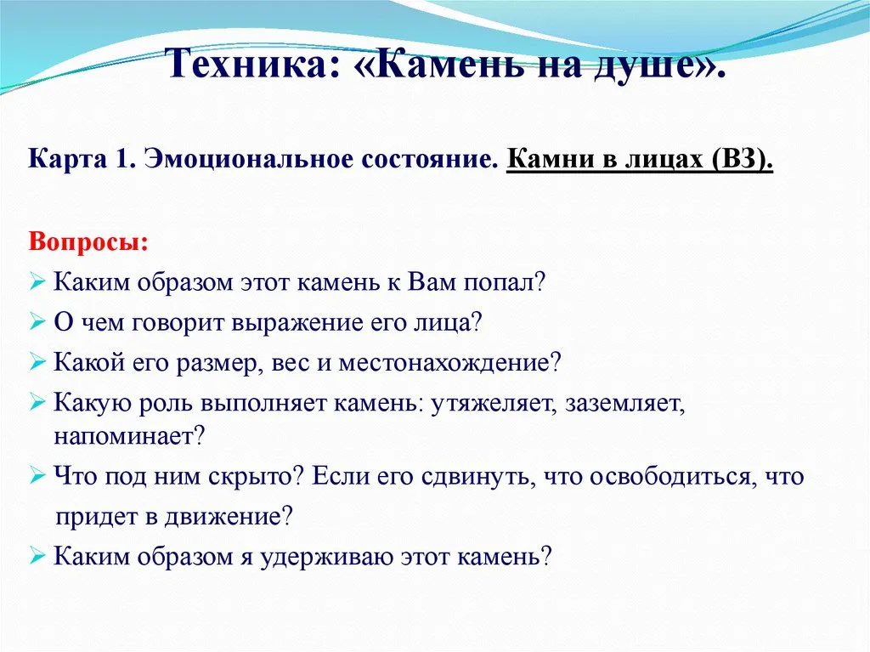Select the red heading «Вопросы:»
(88, 242)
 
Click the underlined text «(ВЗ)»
(740, 160)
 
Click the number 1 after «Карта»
(123, 160)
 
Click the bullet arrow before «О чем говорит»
(37, 322)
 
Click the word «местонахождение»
(449, 363)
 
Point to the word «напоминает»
(129, 437)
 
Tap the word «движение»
(228, 518)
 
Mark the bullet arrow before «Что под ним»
(37, 476)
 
